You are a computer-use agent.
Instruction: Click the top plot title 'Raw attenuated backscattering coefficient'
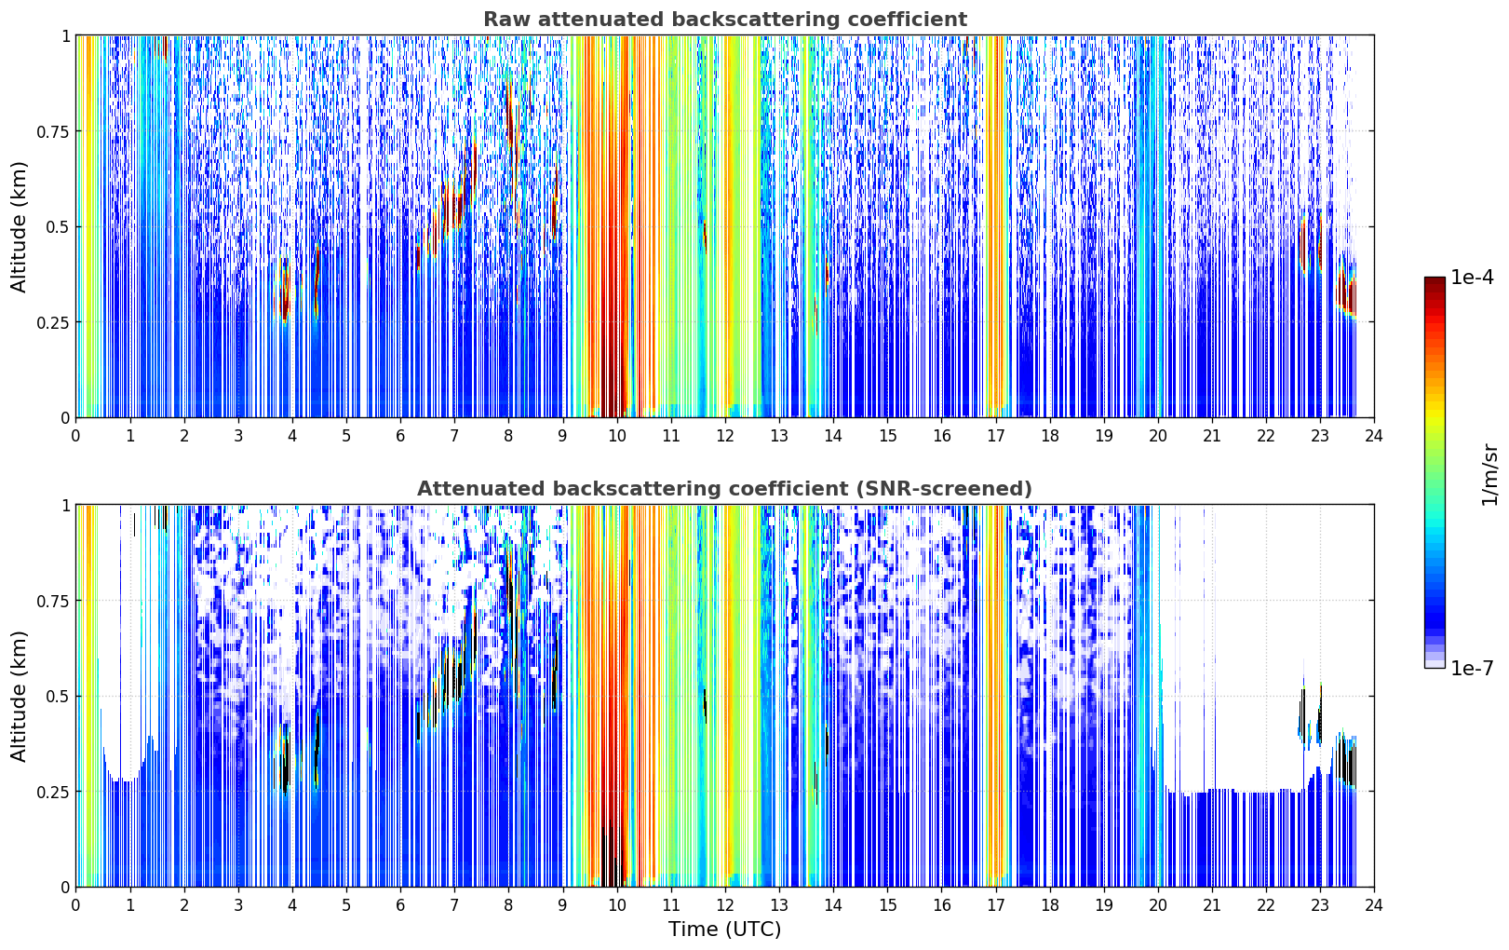coord(725,19)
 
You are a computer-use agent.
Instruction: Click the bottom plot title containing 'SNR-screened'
coord(724,488)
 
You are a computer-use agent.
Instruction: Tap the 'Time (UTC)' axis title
coord(725,930)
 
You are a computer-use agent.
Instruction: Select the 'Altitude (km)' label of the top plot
coord(19,227)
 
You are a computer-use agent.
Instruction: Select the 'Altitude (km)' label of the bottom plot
coord(19,696)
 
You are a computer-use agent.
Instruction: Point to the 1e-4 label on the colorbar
coord(1471,277)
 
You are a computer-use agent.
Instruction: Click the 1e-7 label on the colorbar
coord(1471,668)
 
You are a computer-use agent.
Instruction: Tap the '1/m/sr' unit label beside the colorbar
coord(1489,474)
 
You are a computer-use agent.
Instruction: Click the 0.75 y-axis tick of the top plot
coord(52,131)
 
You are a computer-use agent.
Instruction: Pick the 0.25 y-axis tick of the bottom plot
coord(52,792)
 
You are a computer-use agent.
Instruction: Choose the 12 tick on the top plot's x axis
coord(724,436)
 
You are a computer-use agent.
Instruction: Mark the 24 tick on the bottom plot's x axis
coord(1374,905)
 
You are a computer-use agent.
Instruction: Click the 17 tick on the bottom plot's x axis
coord(995,905)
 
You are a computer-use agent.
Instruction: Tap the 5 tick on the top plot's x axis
coord(346,436)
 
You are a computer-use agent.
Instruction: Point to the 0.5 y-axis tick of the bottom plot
coord(58,696)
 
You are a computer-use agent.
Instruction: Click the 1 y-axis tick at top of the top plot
coord(66,35)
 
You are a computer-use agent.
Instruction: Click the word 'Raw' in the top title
coord(506,19)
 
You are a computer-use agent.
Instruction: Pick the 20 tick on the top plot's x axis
coord(1157,436)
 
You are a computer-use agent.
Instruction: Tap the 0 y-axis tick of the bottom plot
coord(65,888)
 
